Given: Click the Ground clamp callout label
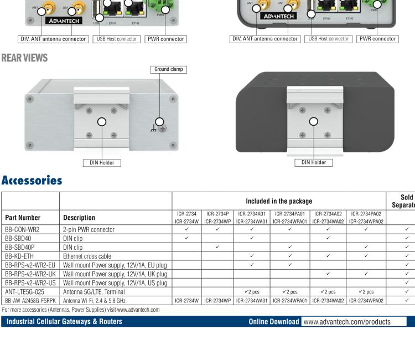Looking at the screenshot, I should click(169, 70).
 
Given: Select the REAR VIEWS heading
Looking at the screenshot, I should click(24, 58).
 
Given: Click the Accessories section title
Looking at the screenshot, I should click(32, 181).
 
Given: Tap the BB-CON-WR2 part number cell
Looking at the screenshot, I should click(23, 229).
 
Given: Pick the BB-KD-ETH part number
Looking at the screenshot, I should click(20, 256).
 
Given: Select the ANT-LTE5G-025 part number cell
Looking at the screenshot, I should click(26, 292).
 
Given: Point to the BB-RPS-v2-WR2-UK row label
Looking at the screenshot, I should click(30, 274).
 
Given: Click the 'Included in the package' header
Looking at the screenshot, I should click(279, 201).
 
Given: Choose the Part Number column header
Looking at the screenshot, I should click(25, 218).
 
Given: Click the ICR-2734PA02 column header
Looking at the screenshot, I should click(366, 213).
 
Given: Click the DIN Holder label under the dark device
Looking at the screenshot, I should click(314, 163).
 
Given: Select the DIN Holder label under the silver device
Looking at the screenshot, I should click(102, 163).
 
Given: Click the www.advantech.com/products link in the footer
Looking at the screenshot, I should click(347, 322).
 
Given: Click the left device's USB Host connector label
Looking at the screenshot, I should click(117, 39).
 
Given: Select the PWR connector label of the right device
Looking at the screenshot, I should click(378, 39).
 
